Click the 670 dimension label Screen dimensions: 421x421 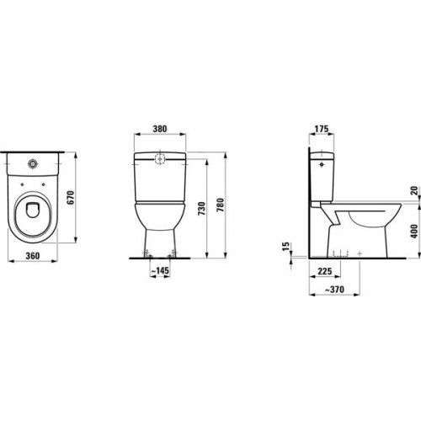70,197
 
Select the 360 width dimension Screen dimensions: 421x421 33,256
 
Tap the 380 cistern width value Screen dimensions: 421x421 160,129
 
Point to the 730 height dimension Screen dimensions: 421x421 201,209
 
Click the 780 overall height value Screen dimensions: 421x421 221,205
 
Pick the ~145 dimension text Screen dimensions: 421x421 160,270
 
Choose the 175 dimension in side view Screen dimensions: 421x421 321,129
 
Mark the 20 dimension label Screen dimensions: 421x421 414,190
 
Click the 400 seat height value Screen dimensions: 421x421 414,231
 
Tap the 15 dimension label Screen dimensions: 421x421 286,246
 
